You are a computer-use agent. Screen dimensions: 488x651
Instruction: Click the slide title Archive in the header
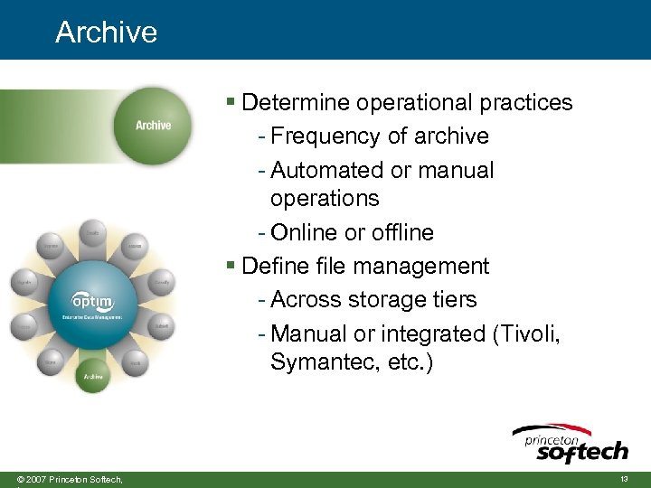(x=106, y=32)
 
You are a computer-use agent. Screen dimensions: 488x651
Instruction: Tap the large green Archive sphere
(x=153, y=126)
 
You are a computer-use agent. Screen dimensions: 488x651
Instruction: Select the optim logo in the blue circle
(x=93, y=302)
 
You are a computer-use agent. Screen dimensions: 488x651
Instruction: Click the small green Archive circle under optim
(x=93, y=374)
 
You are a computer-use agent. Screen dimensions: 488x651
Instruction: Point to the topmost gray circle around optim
(x=92, y=233)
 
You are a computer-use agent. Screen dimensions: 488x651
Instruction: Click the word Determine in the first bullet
(x=296, y=102)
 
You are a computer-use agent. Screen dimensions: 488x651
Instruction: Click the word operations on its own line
(x=324, y=198)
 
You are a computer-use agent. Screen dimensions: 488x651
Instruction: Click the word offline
(x=399, y=232)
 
